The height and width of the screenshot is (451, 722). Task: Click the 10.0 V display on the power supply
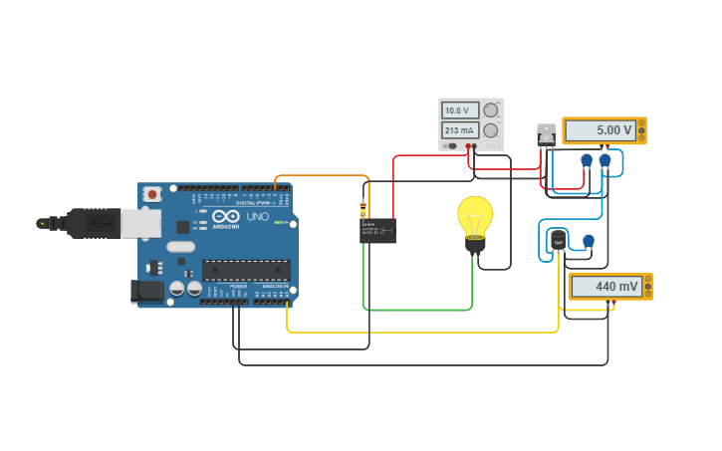[x=460, y=111]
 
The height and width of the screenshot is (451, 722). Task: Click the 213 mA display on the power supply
[x=460, y=130]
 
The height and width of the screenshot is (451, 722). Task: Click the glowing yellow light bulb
[x=475, y=218]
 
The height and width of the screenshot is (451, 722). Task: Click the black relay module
[x=377, y=231]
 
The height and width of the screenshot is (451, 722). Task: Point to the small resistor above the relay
[x=362, y=209]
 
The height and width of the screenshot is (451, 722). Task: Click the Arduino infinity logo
[x=226, y=216]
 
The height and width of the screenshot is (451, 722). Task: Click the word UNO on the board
[x=257, y=216]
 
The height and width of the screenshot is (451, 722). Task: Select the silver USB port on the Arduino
[x=140, y=223]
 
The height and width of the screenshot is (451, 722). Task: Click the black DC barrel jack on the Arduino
[x=147, y=291]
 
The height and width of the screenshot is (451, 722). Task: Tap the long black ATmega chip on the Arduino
[x=246, y=270]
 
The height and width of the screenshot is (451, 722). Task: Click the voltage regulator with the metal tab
[x=546, y=134]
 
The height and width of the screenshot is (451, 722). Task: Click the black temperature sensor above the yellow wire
[x=558, y=241]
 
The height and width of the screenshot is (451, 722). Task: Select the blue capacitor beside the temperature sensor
[x=589, y=240]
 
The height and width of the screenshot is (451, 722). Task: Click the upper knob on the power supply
[x=490, y=111]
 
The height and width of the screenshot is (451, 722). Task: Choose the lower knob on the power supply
[x=490, y=130]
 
